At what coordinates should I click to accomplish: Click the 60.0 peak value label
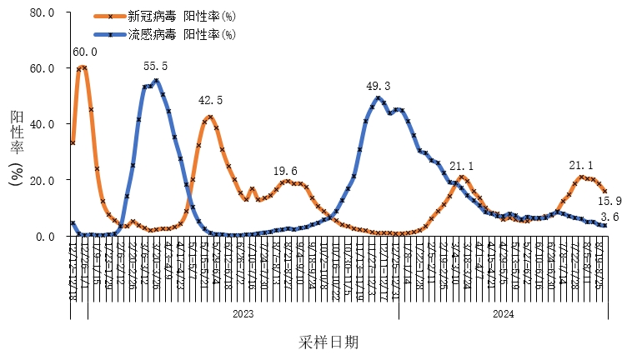point(86,52)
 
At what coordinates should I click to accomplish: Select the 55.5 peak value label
point(155,66)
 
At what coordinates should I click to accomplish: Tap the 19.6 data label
point(285,171)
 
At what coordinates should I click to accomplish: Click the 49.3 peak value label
point(379,86)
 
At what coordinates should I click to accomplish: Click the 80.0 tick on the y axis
point(42,13)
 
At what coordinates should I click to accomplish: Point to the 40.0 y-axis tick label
point(42,124)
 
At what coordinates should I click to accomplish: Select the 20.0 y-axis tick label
point(42,180)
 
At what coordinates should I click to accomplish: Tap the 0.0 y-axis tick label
point(45,236)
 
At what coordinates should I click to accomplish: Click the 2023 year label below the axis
point(243,314)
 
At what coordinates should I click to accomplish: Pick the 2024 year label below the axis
point(503,314)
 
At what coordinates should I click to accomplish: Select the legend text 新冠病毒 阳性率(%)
point(182,17)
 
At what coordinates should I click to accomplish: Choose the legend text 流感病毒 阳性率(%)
point(182,34)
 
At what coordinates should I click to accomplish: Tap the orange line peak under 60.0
point(83,67)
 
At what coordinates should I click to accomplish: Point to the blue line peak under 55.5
point(156,81)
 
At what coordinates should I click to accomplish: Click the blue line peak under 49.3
point(379,98)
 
